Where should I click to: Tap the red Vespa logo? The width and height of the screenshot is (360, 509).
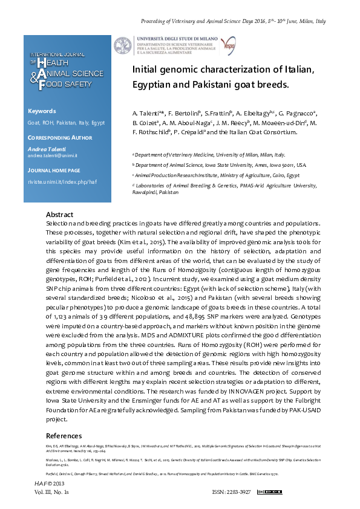tap(228, 45)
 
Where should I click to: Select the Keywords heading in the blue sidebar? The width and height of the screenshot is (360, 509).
tap(42, 111)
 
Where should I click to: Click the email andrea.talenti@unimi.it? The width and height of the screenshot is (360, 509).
tap(52, 156)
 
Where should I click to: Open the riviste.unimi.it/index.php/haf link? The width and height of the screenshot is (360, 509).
tap(62, 181)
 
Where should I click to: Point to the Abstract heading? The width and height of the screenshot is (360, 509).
tap(59, 215)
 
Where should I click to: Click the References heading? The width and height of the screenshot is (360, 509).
tap(64, 436)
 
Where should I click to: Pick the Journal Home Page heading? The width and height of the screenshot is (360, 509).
tap(54, 171)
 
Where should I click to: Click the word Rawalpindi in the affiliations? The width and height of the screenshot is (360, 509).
tap(146, 192)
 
